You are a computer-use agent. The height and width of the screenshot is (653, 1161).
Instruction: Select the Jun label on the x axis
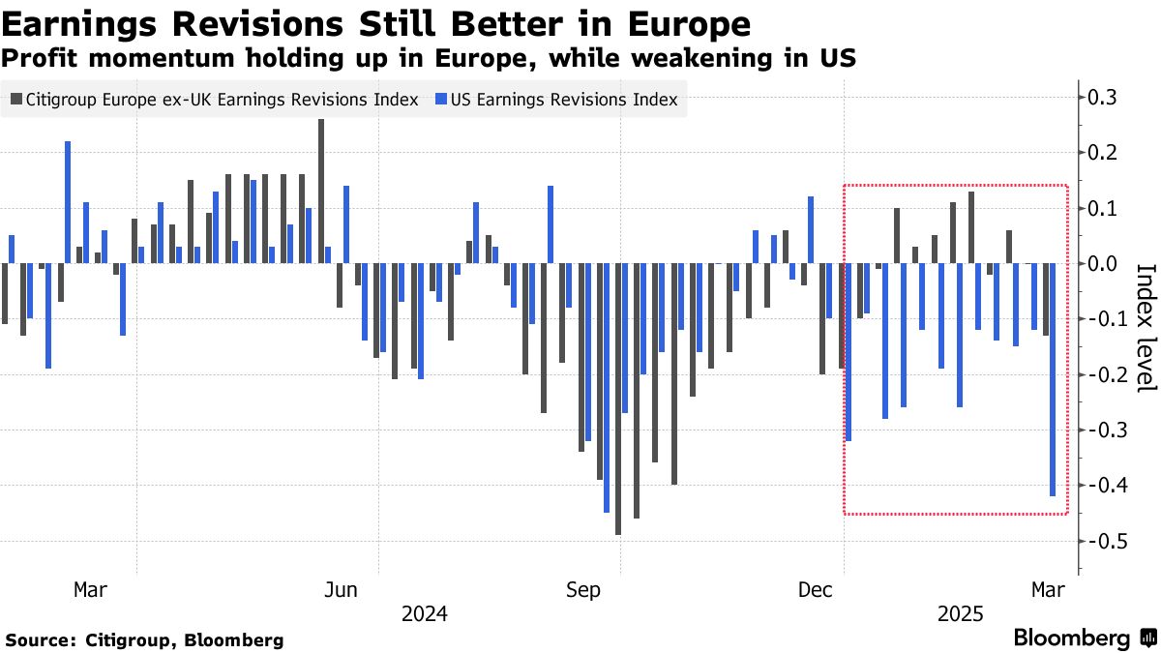click(x=342, y=590)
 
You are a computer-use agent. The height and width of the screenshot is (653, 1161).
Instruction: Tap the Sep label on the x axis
click(x=583, y=590)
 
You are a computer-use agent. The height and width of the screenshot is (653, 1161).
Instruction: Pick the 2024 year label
click(x=424, y=614)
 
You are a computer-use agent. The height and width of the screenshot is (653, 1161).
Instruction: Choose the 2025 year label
click(x=961, y=614)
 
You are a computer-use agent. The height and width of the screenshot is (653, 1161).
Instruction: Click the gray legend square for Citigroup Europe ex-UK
click(x=15, y=99)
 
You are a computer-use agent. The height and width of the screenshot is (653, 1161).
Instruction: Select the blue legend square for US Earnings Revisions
click(x=442, y=99)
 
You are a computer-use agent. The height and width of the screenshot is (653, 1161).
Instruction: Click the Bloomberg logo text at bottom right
click(x=1071, y=638)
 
